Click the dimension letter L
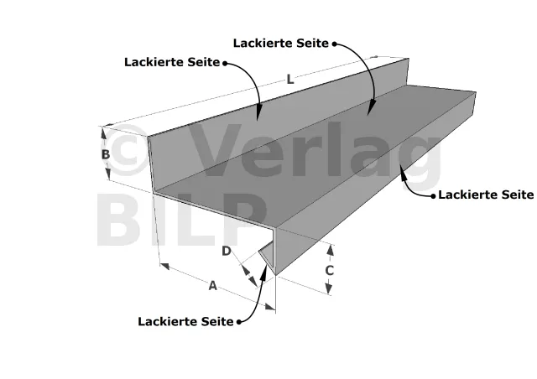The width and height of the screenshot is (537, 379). [x=290, y=80]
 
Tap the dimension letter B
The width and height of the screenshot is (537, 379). [x=106, y=154]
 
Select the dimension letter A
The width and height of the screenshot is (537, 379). [x=212, y=285]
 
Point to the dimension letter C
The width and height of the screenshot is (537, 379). [x=329, y=271]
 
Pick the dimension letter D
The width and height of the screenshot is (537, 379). [x=227, y=251]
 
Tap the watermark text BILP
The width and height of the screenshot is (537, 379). [x=181, y=219]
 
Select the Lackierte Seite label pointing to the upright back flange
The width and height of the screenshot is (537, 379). [x=172, y=62]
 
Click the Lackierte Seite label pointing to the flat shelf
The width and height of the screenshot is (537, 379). [x=281, y=43]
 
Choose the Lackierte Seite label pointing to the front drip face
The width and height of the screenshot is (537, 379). [x=486, y=195]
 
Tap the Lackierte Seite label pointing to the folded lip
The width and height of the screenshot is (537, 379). [x=185, y=321]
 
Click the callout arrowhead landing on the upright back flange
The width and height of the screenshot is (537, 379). [x=258, y=114]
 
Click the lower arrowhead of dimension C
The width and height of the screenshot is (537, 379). [x=328, y=288]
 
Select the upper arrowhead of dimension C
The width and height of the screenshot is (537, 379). [x=330, y=251]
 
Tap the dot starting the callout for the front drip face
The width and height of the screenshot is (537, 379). [x=434, y=196]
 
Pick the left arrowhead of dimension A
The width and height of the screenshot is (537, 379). [x=164, y=266]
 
